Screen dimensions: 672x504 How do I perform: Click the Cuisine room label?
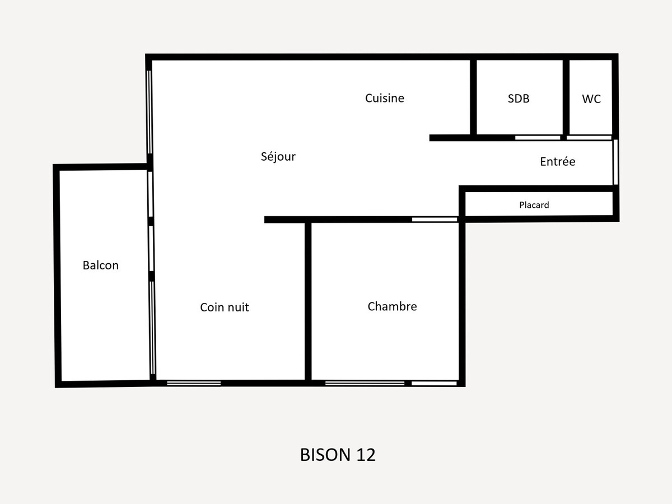pyautogui.click(x=385, y=98)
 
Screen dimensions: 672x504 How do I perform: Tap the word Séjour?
pyautogui.click(x=278, y=156)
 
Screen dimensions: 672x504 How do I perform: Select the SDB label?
pyautogui.click(x=519, y=99)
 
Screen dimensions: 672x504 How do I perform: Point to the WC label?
pyautogui.click(x=591, y=99)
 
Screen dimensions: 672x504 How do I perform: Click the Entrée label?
pyautogui.click(x=558, y=161)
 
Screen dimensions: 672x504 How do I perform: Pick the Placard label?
pyautogui.click(x=534, y=205)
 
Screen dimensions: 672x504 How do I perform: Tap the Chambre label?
pyautogui.click(x=392, y=306)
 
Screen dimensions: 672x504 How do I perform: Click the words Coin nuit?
pyautogui.click(x=225, y=307)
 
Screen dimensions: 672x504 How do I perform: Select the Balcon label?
pyautogui.click(x=100, y=265)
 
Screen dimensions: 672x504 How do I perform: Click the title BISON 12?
pyautogui.click(x=338, y=455)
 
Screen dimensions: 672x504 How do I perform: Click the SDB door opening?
pyautogui.click(x=538, y=138)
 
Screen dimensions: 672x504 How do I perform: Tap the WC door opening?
pyautogui.click(x=589, y=138)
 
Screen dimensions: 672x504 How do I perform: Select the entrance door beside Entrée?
pyautogui.click(x=615, y=162)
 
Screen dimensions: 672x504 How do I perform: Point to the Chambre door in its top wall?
pyautogui.click(x=435, y=220)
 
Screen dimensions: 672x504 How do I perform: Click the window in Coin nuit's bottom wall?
pyautogui.click(x=194, y=384)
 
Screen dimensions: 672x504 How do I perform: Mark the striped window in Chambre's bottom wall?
pyautogui.click(x=365, y=384)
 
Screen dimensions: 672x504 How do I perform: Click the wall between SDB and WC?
pyautogui.click(x=566, y=97)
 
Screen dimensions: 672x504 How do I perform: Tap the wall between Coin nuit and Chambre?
pyautogui.click(x=308, y=301)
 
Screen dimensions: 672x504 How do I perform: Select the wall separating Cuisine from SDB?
pyautogui.click(x=473, y=97)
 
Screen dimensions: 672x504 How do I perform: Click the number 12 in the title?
pyautogui.click(x=366, y=455)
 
